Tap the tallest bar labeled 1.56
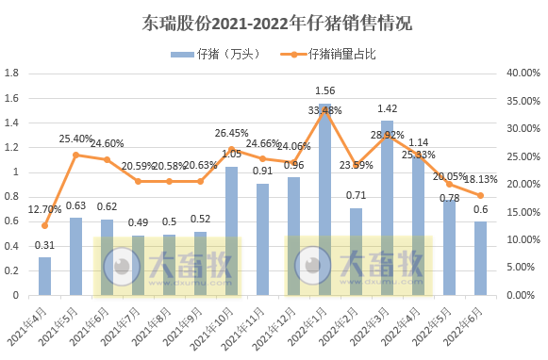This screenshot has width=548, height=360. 324,199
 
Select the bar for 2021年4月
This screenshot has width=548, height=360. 44,275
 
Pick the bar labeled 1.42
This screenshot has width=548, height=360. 387,207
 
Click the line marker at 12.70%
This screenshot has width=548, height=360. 44,225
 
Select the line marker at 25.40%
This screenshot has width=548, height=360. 75,155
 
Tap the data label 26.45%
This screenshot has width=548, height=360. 231,133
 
